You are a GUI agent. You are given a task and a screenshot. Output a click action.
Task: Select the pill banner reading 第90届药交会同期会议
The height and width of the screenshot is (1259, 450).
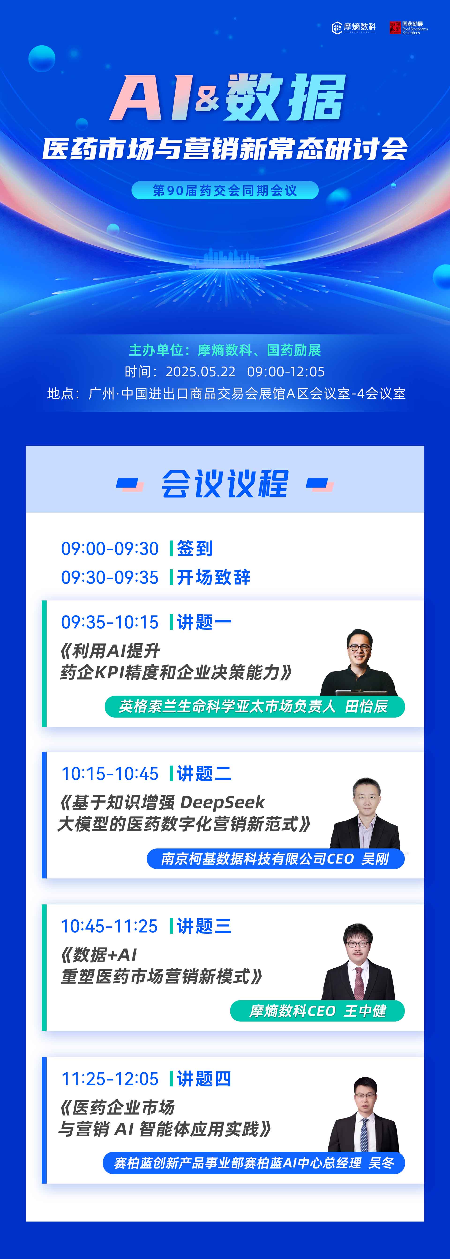[x=225, y=190]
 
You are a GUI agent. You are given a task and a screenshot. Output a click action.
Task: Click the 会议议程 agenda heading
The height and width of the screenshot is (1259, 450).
[x=225, y=484]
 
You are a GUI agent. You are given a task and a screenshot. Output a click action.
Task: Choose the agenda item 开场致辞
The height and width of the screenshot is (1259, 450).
[x=214, y=577]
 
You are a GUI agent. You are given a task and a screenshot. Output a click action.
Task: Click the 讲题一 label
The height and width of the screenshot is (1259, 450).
[x=204, y=622]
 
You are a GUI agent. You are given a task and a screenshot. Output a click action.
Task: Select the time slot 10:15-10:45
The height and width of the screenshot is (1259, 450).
[x=109, y=774]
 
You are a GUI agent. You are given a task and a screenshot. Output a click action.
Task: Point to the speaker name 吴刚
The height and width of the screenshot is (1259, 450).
[x=375, y=859]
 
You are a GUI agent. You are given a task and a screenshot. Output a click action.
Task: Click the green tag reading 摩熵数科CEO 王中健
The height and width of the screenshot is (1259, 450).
[x=317, y=1011]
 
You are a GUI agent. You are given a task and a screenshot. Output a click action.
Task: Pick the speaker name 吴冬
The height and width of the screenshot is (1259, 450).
[x=381, y=1163]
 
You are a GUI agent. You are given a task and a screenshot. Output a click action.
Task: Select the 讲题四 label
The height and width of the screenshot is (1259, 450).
[x=204, y=1079]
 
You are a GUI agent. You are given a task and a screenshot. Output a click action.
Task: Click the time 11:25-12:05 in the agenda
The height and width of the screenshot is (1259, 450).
[x=109, y=1079]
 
